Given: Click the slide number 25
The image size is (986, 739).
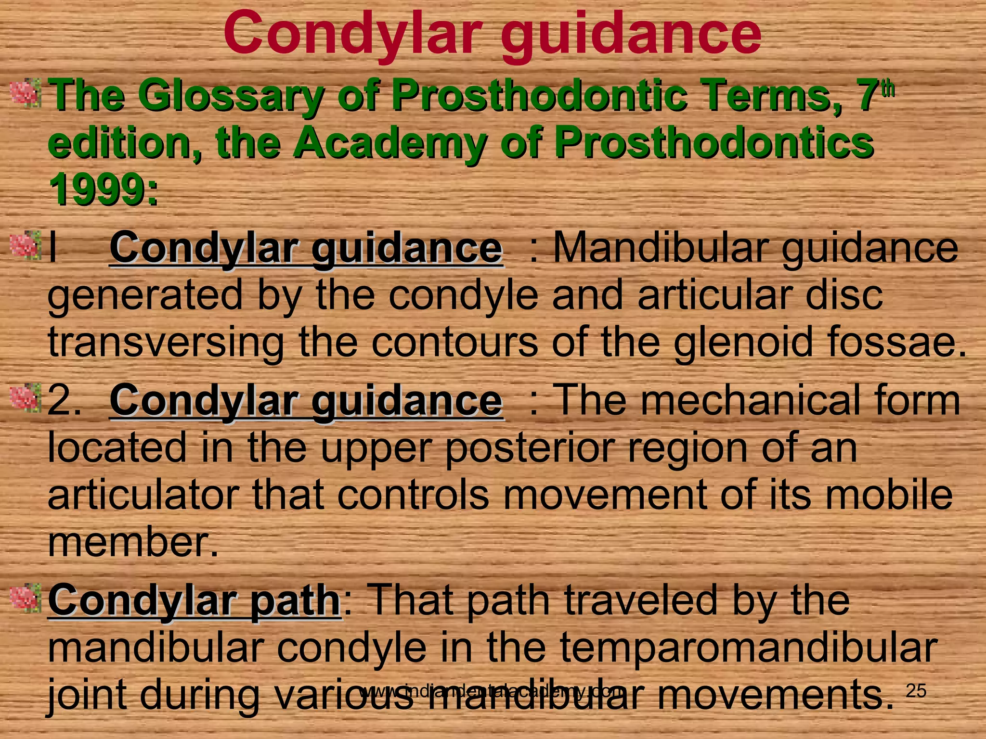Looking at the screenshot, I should point(916,691).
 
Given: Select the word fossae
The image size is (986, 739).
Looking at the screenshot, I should point(896,343).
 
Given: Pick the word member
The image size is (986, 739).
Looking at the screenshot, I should point(132,542).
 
